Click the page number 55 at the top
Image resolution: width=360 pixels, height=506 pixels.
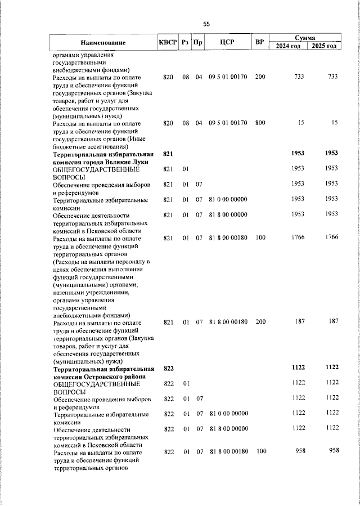[x=206, y=24]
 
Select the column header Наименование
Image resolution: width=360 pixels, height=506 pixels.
[x=102, y=42]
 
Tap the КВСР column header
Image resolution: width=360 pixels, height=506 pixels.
[x=168, y=42]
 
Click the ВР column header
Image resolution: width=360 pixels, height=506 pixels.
[x=259, y=42]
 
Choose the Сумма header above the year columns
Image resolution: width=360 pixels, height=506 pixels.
[x=304, y=37]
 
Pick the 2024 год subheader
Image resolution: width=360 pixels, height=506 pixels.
[x=287, y=46]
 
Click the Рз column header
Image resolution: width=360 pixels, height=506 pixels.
[x=184, y=42]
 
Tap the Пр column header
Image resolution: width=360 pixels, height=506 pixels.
[x=198, y=42]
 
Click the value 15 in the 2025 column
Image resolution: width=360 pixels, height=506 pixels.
[x=334, y=123]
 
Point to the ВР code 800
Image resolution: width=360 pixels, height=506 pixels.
[x=259, y=123]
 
